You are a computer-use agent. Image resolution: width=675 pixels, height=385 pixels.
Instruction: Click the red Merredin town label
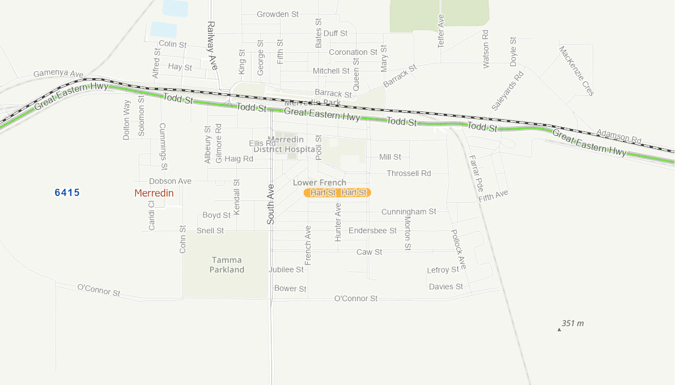click(154, 193)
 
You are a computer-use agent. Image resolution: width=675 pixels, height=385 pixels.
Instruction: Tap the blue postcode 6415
click(67, 192)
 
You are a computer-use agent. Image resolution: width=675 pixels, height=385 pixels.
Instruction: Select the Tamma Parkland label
click(227, 265)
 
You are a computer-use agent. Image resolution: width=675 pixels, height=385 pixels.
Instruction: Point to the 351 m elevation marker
click(572, 324)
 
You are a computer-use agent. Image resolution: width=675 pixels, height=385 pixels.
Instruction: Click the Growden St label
click(277, 14)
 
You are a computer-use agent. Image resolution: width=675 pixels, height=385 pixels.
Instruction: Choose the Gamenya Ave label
click(58, 74)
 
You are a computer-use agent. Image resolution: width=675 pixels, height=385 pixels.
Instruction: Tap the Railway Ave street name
click(212, 45)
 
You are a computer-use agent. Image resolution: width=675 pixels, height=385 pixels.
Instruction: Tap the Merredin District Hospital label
click(285, 144)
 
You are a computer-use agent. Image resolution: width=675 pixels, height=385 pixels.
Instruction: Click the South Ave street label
click(271, 204)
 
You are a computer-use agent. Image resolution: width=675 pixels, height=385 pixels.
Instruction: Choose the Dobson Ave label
click(170, 181)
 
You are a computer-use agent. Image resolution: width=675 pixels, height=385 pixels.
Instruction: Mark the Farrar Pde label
click(476, 173)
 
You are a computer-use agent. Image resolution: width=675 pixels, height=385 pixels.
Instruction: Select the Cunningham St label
click(409, 212)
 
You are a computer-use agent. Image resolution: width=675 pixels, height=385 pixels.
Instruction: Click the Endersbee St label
click(372, 230)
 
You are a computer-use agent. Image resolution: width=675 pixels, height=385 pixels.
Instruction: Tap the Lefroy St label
click(443, 270)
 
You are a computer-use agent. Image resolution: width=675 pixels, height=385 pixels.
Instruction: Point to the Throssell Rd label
click(409, 173)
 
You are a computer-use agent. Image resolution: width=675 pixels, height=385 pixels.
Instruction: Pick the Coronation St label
click(353, 52)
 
